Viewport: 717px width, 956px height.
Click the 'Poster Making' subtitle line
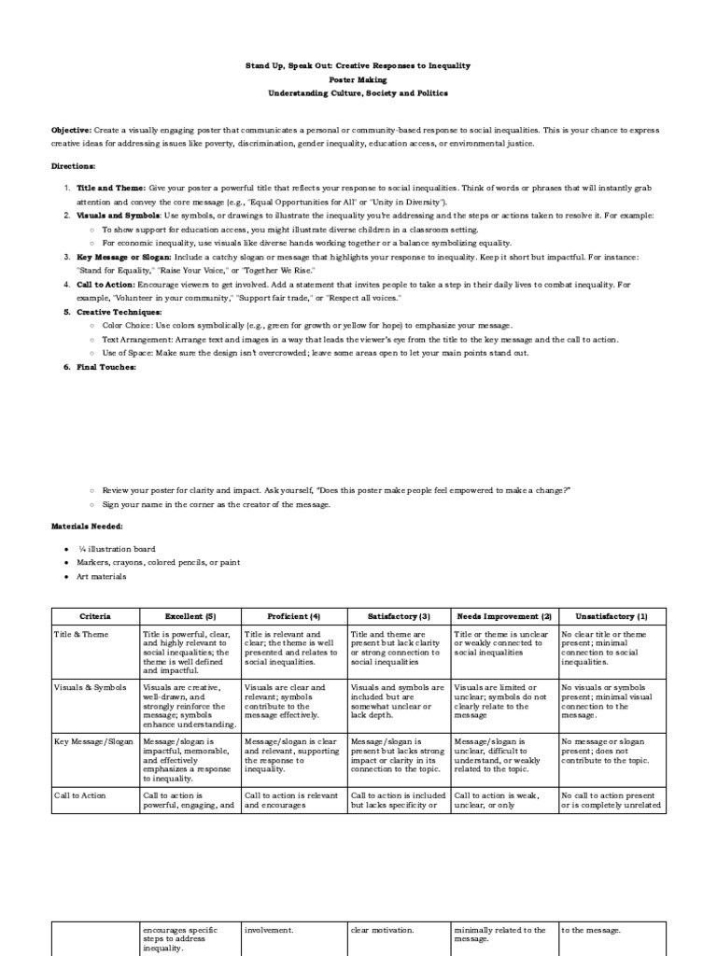pos(358,80)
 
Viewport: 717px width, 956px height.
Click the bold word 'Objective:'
pos(71,131)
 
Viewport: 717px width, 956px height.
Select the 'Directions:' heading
pos(73,165)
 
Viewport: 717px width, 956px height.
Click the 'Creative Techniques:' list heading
pos(119,312)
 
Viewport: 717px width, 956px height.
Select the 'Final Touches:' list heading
pos(106,367)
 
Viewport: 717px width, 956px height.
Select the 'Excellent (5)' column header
pos(190,616)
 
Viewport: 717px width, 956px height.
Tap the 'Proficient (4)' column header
pos(294,616)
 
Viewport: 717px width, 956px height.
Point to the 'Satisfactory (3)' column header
pos(399,616)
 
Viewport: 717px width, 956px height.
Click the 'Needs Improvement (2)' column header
pos(504,616)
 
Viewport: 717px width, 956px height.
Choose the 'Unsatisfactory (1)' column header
pos(612,616)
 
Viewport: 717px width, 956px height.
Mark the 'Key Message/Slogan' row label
pos(93,741)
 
